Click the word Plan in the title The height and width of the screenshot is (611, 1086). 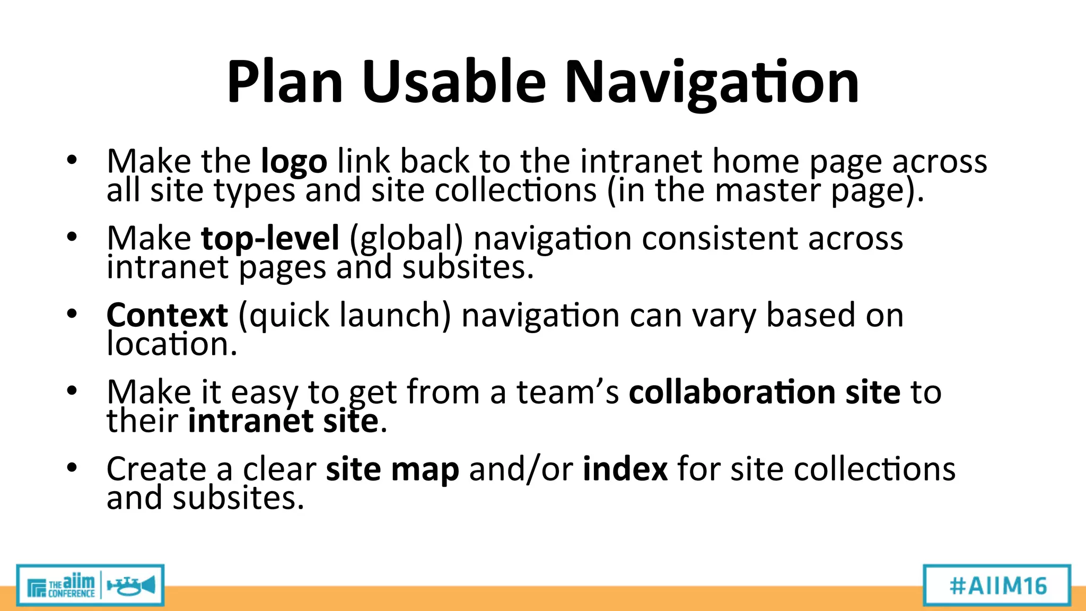click(285, 82)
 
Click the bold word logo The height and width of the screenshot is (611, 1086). click(294, 162)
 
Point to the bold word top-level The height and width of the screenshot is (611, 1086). click(270, 238)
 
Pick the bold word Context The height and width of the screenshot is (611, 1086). click(167, 315)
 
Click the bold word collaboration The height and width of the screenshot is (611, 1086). click(732, 392)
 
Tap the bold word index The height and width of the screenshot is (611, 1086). click(625, 469)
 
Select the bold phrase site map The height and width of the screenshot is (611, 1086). click(392, 470)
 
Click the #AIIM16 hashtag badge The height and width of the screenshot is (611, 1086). click(997, 586)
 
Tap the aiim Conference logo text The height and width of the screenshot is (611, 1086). click(71, 586)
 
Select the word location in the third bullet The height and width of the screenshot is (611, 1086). click(172, 344)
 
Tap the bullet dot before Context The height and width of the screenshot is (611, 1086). click(72, 313)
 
